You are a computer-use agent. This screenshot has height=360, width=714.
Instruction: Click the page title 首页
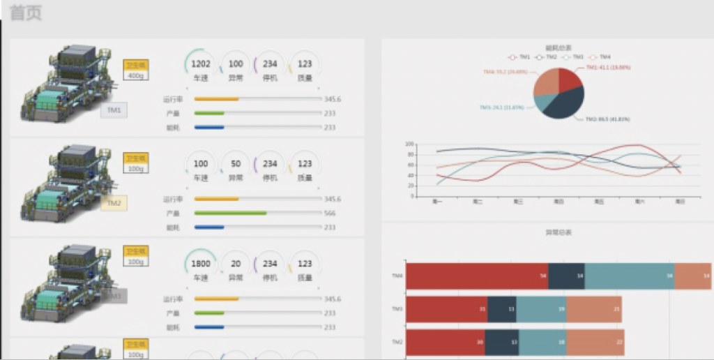(x=26, y=14)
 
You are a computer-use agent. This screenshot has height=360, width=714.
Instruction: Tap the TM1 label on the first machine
(x=114, y=110)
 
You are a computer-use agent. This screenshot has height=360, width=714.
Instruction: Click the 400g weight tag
(x=136, y=75)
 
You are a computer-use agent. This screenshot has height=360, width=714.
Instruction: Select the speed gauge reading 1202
(x=200, y=64)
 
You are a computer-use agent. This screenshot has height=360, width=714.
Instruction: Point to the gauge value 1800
(x=200, y=264)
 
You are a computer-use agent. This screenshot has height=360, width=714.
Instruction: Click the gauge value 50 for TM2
(x=236, y=164)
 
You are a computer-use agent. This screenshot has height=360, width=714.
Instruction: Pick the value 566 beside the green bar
(x=330, y=213)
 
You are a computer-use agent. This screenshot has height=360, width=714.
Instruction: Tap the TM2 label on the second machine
(x=114, y=204)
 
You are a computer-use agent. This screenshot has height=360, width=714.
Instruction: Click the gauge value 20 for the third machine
(x=236, y=264)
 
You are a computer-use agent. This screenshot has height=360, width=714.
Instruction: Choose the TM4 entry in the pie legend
(x=600, y=57)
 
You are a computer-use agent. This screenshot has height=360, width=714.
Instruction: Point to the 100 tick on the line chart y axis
(x=410, y=144)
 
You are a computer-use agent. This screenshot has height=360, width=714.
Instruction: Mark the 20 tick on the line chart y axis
(x=411, y=186)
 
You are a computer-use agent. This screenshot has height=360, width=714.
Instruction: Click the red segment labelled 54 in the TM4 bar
(x=477, y=276)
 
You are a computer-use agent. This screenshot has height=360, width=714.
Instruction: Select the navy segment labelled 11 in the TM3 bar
(x=501, y=309)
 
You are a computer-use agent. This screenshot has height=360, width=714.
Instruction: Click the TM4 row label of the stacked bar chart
(x=397, y=276)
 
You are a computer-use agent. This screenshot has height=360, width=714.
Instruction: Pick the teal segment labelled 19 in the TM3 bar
(x=541, y=309)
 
